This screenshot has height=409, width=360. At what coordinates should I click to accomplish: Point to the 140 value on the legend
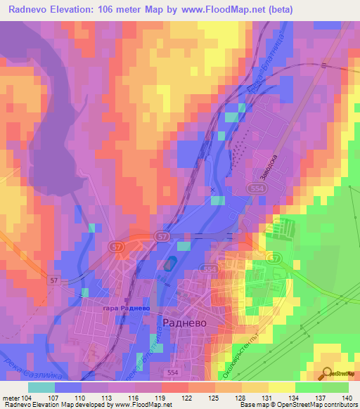coord(347,398)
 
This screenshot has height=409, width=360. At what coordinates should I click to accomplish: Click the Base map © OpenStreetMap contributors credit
coord(296,405)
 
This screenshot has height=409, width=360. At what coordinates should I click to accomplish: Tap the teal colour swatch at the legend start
coord(41,387)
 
